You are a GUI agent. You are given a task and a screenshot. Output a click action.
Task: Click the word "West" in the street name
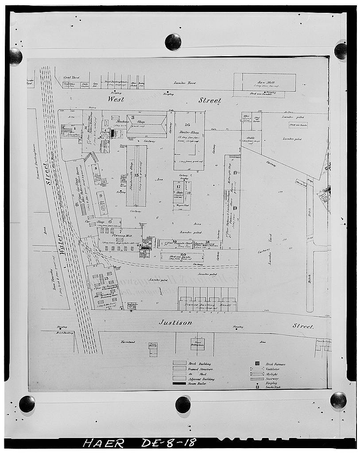coord(116,100)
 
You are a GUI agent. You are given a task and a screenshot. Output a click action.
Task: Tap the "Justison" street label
coord(176,323)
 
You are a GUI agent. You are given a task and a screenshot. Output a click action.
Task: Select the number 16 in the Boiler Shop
coord(187,125)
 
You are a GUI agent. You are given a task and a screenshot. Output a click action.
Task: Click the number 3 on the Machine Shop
coord(132,117)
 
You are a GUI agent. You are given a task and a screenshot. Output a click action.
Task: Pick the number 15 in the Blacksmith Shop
coord(136,175)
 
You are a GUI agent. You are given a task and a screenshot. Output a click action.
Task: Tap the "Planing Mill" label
coord(114,236)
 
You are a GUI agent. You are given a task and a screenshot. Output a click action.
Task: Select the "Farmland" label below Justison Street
coord(129,342)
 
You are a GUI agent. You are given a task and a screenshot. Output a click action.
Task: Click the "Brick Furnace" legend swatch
coord(257,364)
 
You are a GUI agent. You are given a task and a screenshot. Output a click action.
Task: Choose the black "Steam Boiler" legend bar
coord(180,383)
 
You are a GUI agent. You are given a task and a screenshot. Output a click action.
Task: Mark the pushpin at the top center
coord(173,42)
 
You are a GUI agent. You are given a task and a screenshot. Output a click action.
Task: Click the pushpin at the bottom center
coord(183,404)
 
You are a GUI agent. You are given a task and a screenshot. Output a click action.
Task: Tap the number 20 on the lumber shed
coord(183,254)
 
